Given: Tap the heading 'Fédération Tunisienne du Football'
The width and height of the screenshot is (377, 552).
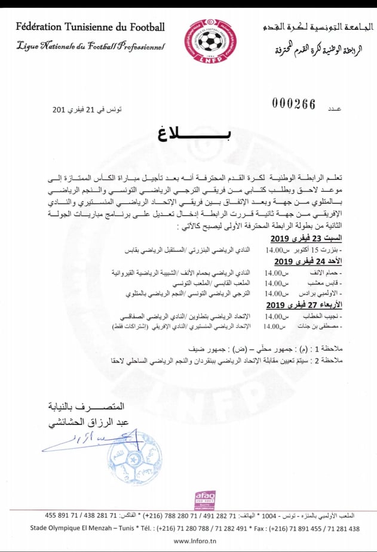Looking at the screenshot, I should (90, 26).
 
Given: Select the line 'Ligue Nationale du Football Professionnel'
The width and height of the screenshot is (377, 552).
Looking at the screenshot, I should (90, 46).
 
